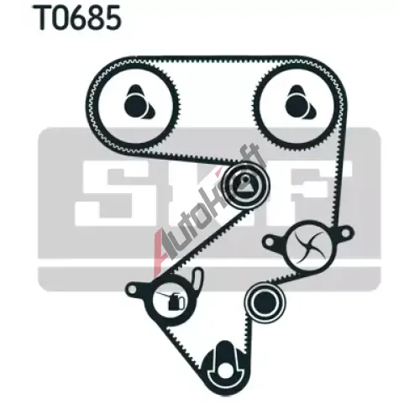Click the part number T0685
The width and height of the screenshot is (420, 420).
point(77,18)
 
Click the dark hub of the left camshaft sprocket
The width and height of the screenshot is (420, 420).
point(134,106)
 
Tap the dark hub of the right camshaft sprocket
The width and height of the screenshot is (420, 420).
point(296,106)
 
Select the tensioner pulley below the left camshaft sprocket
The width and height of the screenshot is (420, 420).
point(245,185)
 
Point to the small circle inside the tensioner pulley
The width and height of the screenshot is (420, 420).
point(245,178)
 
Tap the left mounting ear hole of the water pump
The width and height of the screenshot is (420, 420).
point(269,241)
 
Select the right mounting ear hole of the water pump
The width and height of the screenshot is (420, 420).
point(346,232)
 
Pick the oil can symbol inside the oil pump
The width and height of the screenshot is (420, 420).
point(173,300)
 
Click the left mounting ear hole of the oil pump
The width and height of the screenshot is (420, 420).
point(133,288)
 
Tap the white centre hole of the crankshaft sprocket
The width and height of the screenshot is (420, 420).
point(224,370)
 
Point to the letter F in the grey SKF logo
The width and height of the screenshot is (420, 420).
point(317,193)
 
